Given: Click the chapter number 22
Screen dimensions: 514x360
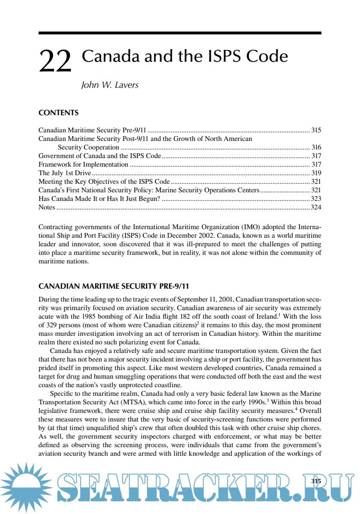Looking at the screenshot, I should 55,61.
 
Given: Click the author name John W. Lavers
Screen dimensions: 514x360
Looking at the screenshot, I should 110,85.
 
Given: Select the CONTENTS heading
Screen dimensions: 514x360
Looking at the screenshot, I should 58,113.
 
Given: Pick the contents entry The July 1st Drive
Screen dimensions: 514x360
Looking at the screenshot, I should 65,173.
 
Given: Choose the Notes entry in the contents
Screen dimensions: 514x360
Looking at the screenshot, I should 47,207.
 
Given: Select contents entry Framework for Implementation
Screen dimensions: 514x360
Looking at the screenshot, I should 83,164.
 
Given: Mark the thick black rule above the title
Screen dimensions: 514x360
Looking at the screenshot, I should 180,33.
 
